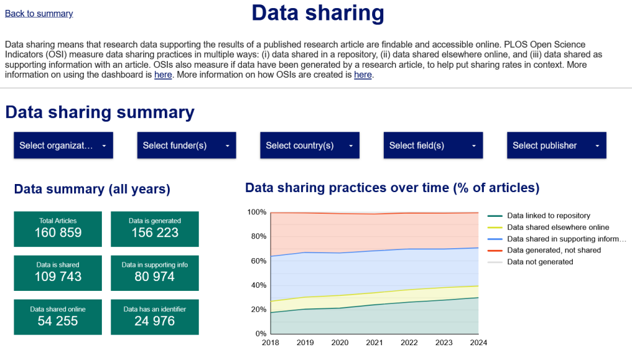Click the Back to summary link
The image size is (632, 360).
point(39,14)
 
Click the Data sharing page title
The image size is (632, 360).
point(317,13)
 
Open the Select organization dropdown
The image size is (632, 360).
point(63,146)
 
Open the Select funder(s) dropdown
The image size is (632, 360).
point(186,146)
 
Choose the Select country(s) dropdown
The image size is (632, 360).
point(309,146)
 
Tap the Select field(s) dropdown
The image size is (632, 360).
point(433,146)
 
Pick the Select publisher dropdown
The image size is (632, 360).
point(556,146)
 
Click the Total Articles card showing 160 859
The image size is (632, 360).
point(58,228)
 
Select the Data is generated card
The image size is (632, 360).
point(154,228)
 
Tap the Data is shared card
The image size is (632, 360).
point(58,273)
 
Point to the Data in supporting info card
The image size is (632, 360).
point(154,273)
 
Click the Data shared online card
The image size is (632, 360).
point(58,317)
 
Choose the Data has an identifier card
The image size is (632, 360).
point(154,317)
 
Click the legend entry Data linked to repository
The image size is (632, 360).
point(548,216)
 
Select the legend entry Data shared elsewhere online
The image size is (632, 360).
point(558,227)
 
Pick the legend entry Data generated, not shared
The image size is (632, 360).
point(554,250)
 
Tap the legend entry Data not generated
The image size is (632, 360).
point(539,262)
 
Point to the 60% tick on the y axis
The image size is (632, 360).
point(258,261)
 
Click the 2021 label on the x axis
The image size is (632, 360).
point(375,343)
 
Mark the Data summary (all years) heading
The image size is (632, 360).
point(92,189)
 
